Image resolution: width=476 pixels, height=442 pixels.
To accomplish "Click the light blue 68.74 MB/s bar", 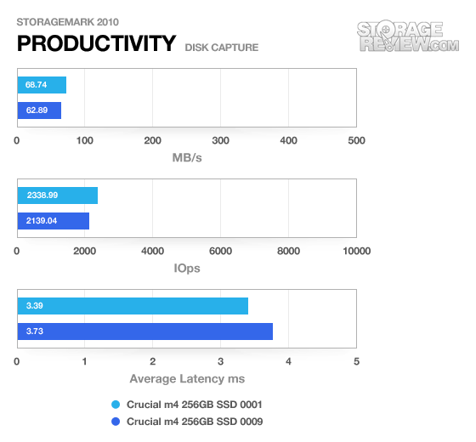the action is pyautogui.click(x=42, y=85).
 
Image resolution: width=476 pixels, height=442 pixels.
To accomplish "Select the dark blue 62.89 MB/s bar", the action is pyautogui.click(x=39, y=110).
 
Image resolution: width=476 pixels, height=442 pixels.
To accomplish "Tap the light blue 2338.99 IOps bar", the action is pyautogui.click(x=58, y=195).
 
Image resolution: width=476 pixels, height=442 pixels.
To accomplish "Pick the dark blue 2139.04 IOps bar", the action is pyautogui.click(x=54, y=221).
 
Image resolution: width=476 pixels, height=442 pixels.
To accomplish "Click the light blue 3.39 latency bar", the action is pyautogui.click(x=133, y=306).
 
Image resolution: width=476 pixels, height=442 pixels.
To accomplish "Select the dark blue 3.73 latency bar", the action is pyautogui.click(x=145, y=331).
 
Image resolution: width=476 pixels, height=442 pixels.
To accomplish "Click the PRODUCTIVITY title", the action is pyautogui.click(x=96, y=43).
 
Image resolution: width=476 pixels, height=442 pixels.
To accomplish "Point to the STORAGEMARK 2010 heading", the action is pyautogui.click(x=67, y=22).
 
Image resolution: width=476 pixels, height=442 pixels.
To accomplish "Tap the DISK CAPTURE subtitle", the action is pyautogui.click(x=222, y=48).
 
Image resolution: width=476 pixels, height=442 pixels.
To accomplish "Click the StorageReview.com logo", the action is pyautogui.click(x=408, y=37).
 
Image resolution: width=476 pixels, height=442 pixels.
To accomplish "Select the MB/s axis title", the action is pyautogui.click(x=187, y=158).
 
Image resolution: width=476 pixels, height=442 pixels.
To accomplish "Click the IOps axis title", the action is pyautogui.click(x=187, y=269).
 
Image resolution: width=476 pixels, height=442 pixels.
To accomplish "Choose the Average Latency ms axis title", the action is pyautogui.click(x=187, y=379).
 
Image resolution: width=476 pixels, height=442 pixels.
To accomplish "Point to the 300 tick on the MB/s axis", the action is pyautogui.click(x=220, y=140).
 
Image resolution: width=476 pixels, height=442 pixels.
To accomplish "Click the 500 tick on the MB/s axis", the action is pyautogui.click(x=356, y=140).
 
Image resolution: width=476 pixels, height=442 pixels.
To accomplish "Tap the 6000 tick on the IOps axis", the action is pyautogui.click(x=220, y=251).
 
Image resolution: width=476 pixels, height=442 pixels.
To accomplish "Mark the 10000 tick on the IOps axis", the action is pyautogui.click(x=356, y=251).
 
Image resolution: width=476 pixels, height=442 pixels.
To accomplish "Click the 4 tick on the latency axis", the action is pyautogui.click(x=288, y=361).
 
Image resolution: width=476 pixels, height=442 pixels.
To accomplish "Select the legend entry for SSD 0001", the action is pyautogui.click(x=187, y=405).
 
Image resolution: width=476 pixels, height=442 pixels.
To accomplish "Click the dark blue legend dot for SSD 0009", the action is pyautogui.click(x=116, y=422).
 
